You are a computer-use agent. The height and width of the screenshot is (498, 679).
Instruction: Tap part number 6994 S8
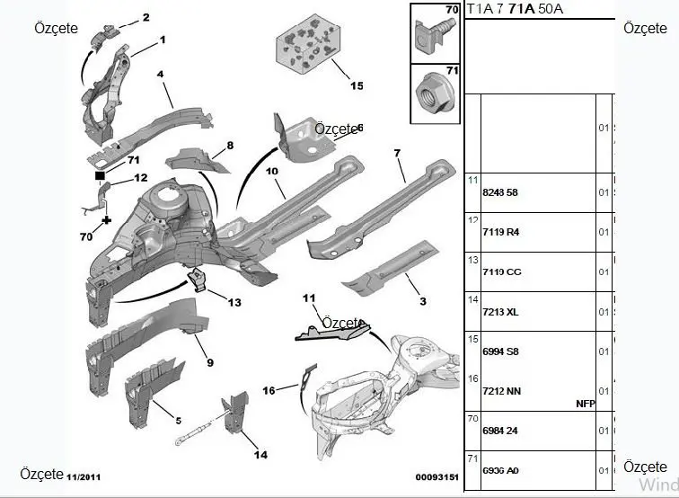488,351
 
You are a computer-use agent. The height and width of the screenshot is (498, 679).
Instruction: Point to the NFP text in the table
586,404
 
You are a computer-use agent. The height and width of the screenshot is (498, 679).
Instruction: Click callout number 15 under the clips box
357,86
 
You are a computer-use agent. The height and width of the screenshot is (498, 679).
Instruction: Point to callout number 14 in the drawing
260,455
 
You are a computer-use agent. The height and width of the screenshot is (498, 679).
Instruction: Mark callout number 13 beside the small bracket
234,303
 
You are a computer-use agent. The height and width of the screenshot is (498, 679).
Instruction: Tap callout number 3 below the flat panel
422,300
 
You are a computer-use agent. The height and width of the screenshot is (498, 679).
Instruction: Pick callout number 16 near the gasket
269,390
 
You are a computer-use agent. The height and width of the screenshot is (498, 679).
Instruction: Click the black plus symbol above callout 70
106,219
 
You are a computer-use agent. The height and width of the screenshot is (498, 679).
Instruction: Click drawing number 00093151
436,478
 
